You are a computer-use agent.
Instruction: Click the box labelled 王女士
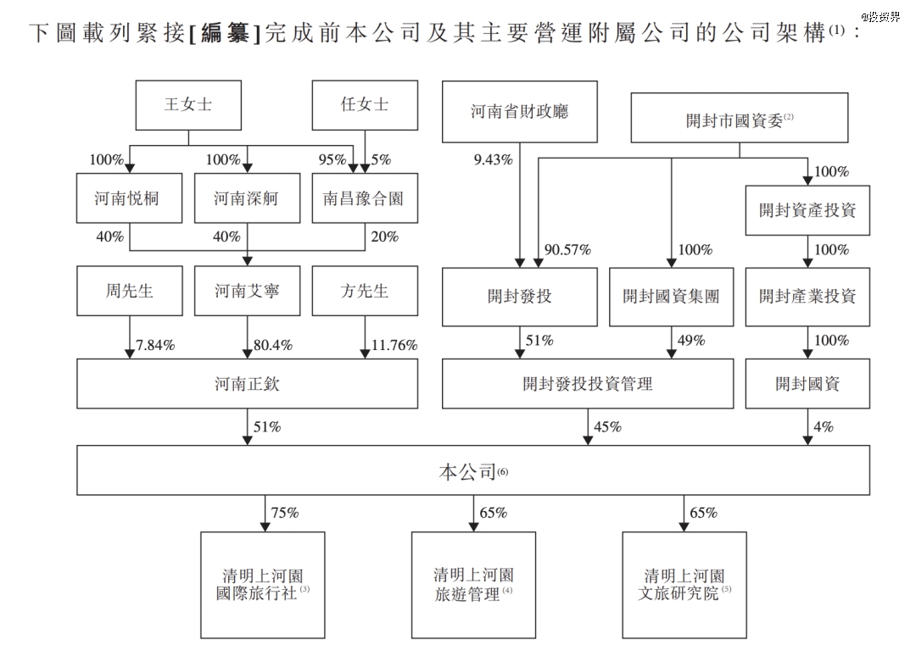(188, 105)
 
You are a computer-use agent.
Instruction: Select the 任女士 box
(365, 105)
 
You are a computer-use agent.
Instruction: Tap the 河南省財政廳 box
(519, 112)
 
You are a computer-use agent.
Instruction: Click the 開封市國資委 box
(739, 117)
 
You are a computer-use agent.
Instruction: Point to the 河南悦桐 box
(129, 197)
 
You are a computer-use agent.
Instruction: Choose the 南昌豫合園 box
(365, 197)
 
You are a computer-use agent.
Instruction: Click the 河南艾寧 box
(247, 291)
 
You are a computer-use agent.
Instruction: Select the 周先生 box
(129, 291)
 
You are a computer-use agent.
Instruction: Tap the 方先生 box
(365, 291)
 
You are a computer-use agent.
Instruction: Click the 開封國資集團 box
(671, 297)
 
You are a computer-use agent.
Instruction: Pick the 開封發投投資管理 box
(588, 383)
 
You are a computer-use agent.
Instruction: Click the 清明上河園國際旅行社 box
(263, 585)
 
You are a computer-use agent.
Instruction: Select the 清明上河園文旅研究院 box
(684, 585)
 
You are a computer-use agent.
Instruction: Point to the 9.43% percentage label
(493, 160)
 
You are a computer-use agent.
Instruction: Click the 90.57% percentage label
(567, 250)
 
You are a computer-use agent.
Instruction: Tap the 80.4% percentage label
(273, 345)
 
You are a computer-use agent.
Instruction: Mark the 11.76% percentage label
(394, 345)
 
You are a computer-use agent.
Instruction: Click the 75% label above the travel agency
(284, 513)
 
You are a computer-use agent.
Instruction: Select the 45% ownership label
(607, 426)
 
